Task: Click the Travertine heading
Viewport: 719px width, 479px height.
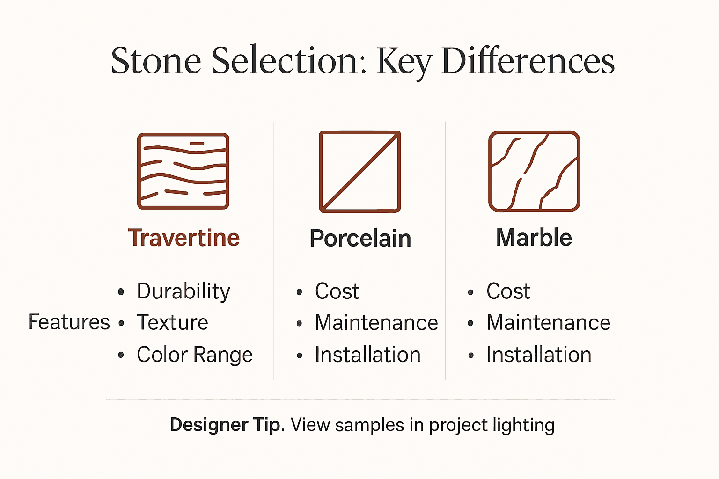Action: point(183,238)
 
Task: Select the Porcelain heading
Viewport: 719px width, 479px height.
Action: point(360,238)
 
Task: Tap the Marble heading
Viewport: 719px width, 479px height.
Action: point(534,238)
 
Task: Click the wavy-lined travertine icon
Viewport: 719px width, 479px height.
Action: point(183,171)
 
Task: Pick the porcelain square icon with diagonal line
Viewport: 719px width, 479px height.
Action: point(359,172)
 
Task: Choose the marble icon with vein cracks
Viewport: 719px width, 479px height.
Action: point(534,171)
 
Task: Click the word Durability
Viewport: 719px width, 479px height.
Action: point(183,291)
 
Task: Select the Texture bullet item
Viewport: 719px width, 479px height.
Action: point(172,323)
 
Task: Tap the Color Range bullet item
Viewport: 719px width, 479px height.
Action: point(194,355)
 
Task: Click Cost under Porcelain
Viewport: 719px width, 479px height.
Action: point(337,291)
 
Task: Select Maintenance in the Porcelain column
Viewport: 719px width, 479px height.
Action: point(376,323)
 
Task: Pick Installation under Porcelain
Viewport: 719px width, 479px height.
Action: point(367,355)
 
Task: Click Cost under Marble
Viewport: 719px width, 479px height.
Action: point(508,291)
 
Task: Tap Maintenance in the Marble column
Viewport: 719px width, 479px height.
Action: point(548,323)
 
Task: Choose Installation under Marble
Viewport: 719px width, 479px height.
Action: point(539,355)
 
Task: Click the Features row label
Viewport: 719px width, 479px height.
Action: point(69,322)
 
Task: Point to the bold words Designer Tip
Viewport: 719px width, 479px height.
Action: point(227,425)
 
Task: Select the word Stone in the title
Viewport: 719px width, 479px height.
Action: point(156,61)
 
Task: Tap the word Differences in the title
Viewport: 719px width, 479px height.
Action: point(528,61)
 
